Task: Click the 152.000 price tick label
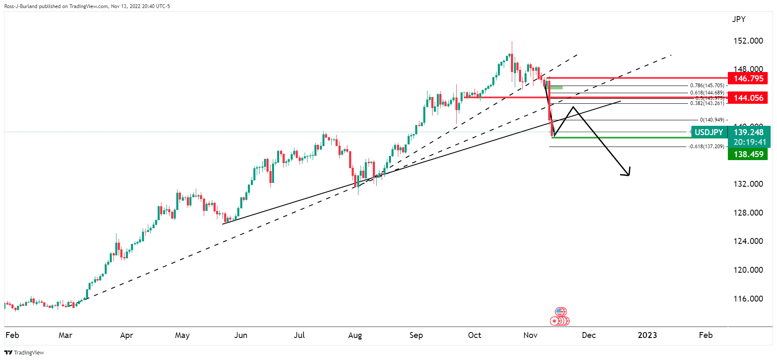(748, 41)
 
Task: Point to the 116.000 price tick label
(748, 299)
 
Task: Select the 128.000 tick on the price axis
(748, 213)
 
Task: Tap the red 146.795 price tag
(748, 78)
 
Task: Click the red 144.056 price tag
(748, 98)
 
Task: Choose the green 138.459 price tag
(748, 154)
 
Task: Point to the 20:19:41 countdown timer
(749, 142)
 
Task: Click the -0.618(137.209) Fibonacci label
(706, 147)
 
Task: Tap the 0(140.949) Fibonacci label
(712, 120)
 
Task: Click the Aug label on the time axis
(355, 335)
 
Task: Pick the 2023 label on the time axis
(647, 335)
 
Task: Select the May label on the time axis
(182, 335)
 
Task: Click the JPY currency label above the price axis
(738, 19)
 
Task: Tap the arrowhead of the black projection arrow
(628, 173)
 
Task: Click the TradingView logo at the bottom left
(24, 352)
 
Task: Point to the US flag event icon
(561, 312)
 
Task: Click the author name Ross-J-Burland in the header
(21, 6)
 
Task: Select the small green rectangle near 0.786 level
(556, 88)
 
